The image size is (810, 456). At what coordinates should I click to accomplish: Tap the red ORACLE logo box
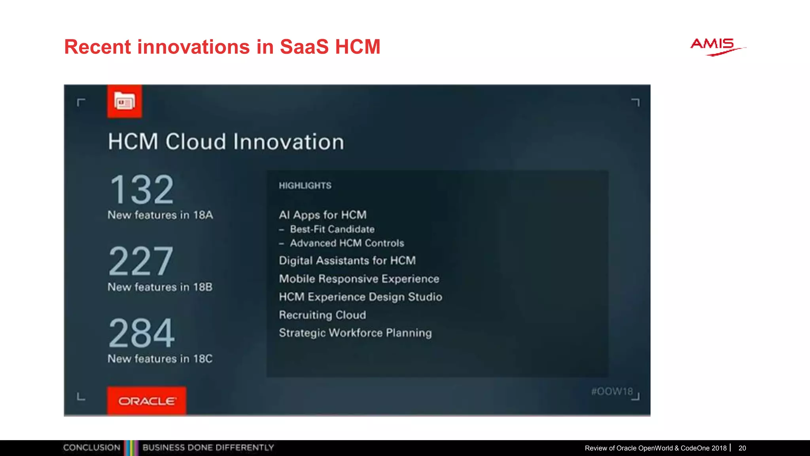tap(147, 401)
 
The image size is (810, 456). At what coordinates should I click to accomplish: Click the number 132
tap(142, 190)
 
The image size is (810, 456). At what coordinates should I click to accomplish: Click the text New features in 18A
tap(160, 215)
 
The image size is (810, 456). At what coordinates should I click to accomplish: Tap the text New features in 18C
tap(160, 359)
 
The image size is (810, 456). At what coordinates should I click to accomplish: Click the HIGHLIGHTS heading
tap(305, 186)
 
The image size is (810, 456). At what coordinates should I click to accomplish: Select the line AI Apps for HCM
tap(323, 215)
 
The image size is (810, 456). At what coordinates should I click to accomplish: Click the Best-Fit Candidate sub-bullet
tap(332, 229)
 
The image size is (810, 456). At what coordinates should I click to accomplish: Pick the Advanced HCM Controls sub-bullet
tap(347, 243)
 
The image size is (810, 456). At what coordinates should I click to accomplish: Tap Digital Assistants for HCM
tap(347, 260)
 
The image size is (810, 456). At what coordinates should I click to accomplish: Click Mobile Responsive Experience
tap(359, 279)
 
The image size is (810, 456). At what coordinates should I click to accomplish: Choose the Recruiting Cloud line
tap(322, 315)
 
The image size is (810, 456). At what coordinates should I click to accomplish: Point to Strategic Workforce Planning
tap(355, 333)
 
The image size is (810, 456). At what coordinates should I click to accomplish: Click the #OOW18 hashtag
tap(612, 391)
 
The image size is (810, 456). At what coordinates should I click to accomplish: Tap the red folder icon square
tap(125, 102)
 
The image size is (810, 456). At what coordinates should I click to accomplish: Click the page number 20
tap(742, 448)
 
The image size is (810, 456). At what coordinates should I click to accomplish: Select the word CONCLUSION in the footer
tap(92, 448)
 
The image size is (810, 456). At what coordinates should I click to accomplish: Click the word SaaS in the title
tap(304, 47)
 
